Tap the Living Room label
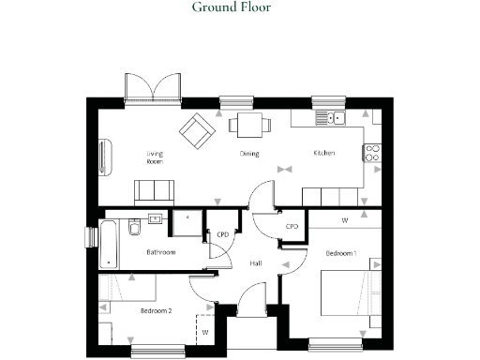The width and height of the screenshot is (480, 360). click(155, 157)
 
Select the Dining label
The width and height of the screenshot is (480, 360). click(248, 154)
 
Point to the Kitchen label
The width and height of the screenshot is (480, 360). click(324, 154)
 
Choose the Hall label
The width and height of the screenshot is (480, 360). click(255, 264)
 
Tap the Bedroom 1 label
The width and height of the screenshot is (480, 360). click(342, 254)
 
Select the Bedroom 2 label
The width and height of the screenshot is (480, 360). click(156, 309)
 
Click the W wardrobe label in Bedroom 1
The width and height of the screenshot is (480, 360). click(345, 220)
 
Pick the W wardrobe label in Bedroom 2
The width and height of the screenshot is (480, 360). click(204, 331)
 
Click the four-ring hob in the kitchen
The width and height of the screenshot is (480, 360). click(372, 152)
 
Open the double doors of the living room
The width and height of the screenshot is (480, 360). click(152, 89)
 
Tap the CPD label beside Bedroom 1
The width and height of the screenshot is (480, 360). click(292, 227)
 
